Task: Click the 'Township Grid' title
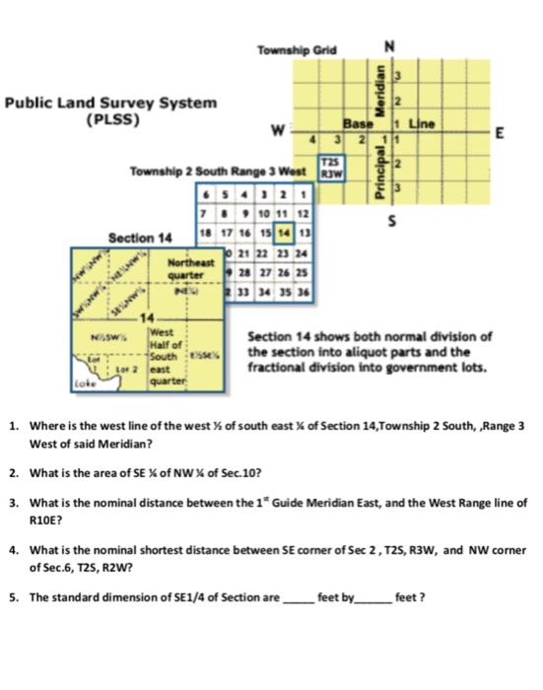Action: (296, 48)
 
